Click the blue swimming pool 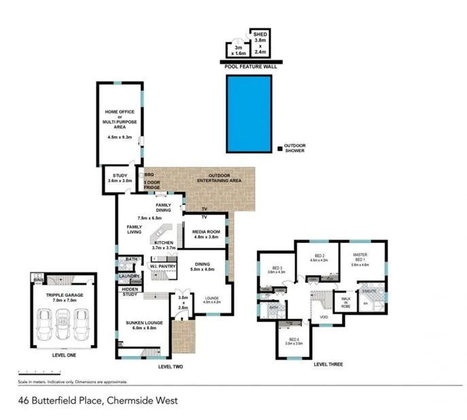point(248,114)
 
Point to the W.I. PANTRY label point(163,266)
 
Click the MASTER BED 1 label point(360,260)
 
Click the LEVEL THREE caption point(328,364)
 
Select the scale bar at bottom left point(38,372)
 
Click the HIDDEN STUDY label point(129,292)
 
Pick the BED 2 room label point(319,259)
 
